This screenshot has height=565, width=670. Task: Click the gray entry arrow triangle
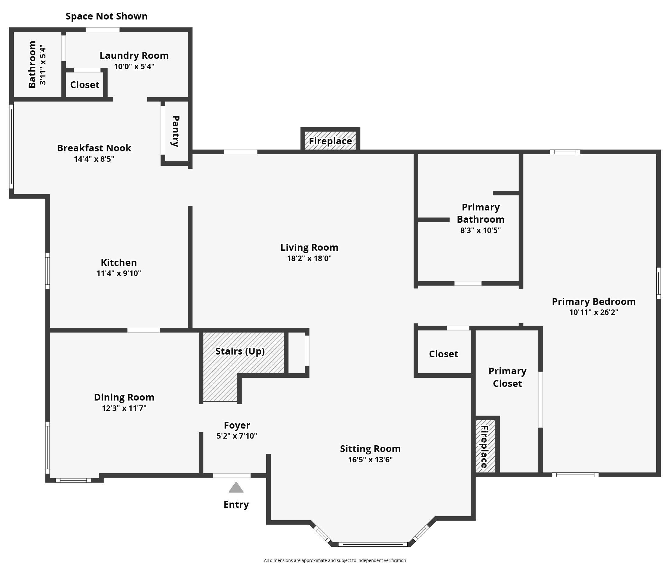(x=236, y=488)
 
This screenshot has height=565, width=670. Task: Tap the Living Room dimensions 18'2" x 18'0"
(x=309, y=258)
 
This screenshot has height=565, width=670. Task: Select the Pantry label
(x=175, y=131)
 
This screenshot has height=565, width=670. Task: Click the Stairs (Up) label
(x=240, y=351)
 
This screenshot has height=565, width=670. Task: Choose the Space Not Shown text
(x=106, y=16)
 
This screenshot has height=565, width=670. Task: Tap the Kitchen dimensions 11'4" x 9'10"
(x=119, y=273)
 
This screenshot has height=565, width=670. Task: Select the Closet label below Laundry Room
(x=85, y=85)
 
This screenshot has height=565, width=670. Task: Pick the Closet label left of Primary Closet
(x=443, y=354)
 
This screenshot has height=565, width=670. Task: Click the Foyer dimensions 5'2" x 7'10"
(x=236, y=436)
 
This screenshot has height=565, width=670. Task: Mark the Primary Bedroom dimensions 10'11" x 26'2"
(x=594, y=312)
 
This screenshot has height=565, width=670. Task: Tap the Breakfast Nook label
(x=94, y=148)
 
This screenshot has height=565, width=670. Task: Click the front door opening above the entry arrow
(x=231, y=476)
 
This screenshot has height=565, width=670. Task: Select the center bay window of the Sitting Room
(x=373, y=544)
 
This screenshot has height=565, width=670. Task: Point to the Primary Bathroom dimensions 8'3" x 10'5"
(x=480, y=230)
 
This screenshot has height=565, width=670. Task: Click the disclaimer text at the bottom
(x=335, y=560)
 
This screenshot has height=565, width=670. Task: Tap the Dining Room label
(x=124, y=397)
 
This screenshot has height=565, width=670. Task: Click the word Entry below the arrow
(x=236, y=504)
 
